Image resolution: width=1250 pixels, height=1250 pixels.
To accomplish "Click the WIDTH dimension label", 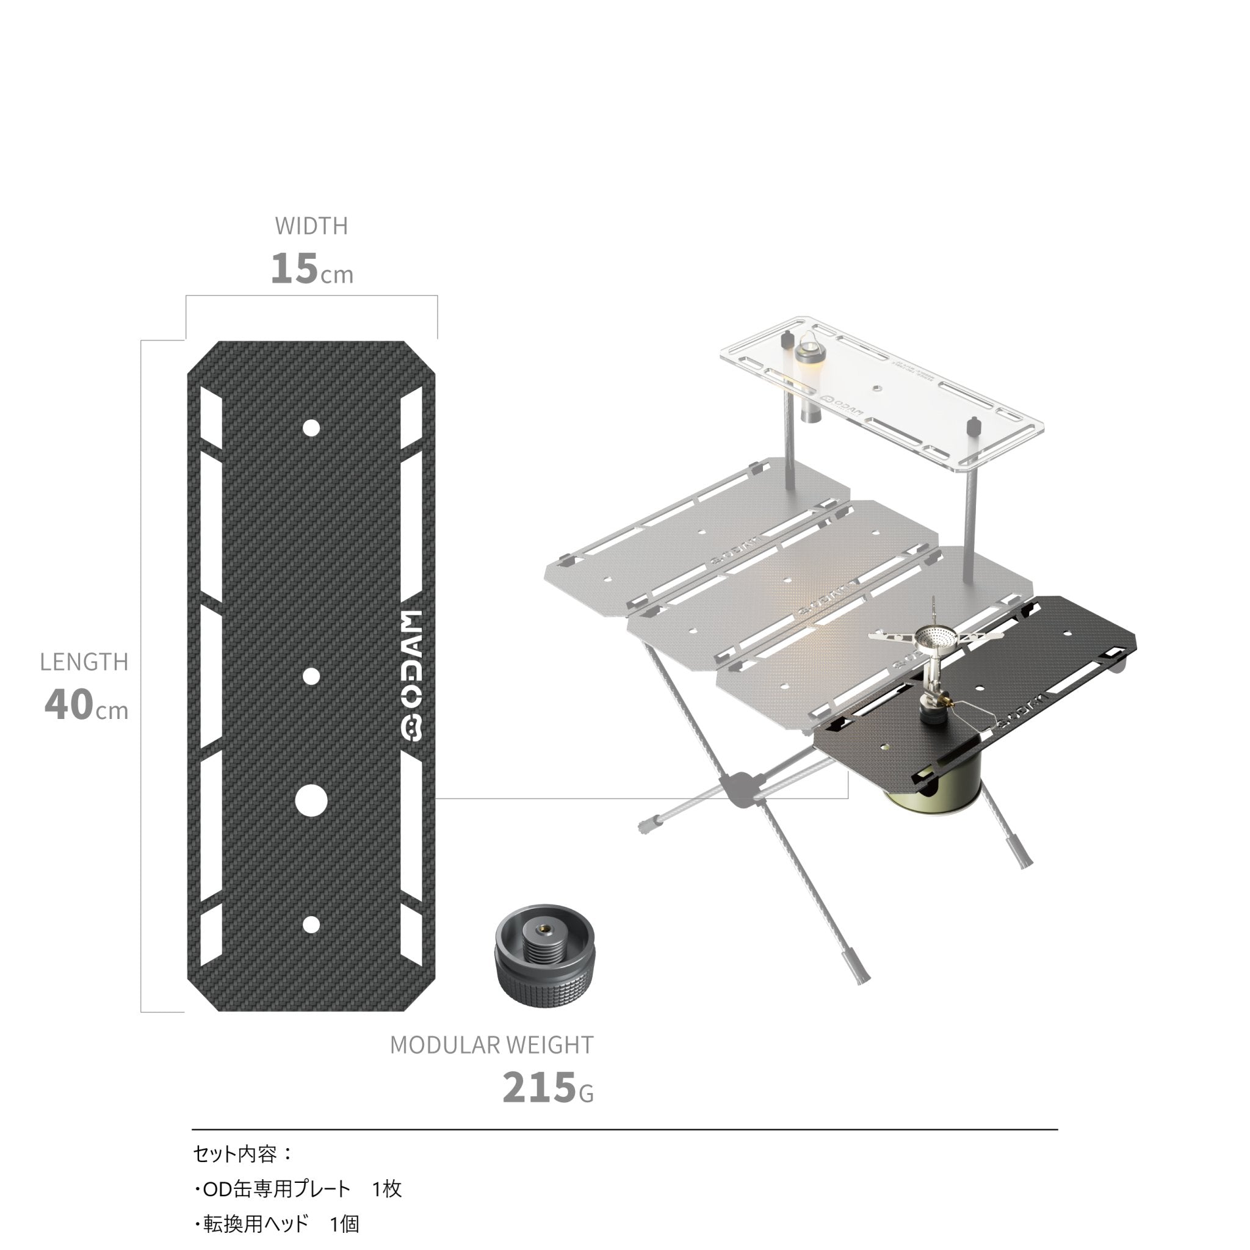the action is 311,226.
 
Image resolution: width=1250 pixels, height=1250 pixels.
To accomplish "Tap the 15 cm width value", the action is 312,269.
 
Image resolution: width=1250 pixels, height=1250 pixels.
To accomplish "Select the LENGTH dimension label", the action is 84,662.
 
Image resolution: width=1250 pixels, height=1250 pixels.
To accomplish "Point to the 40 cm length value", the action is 86,705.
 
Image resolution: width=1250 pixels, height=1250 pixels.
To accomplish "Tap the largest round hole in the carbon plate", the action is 311,801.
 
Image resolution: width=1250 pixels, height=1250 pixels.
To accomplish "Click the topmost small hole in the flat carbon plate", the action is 311,428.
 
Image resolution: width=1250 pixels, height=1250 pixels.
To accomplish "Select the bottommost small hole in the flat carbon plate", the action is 311,925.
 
